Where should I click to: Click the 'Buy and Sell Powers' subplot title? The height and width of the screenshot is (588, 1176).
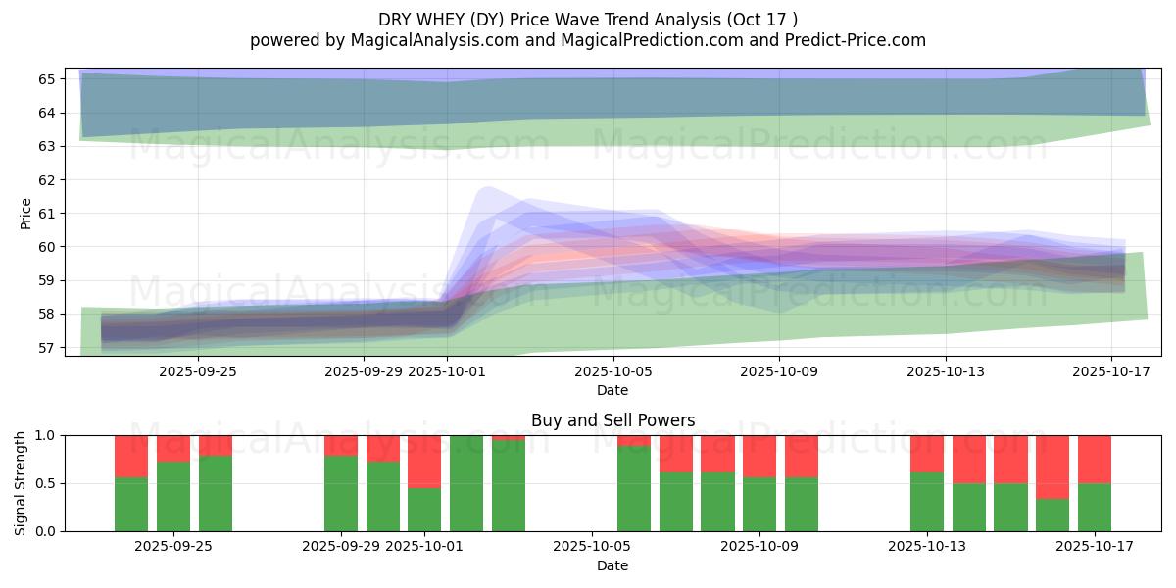(612, 420)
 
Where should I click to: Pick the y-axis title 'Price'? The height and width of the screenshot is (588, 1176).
(26, 213)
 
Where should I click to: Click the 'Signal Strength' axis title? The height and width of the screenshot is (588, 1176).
(22, 483)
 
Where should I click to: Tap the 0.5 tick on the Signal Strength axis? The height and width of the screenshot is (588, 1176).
(47, 483)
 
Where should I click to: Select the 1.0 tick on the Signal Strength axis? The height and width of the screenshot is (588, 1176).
(47, 435)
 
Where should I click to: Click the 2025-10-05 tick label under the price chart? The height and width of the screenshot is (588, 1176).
(612, 371)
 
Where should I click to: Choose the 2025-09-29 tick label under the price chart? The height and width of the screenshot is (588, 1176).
(364, 371)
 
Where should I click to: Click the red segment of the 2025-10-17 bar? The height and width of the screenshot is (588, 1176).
(1095, 459)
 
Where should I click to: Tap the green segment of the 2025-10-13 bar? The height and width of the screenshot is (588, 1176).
(926, 502)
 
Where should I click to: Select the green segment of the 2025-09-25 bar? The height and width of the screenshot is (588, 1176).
(172, 497)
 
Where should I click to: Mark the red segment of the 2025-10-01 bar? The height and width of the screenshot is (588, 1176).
(424, 461)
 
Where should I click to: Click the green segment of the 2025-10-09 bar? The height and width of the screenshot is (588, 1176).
(759, 505)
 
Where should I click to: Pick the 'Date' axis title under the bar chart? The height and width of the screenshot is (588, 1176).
(612, 565)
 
